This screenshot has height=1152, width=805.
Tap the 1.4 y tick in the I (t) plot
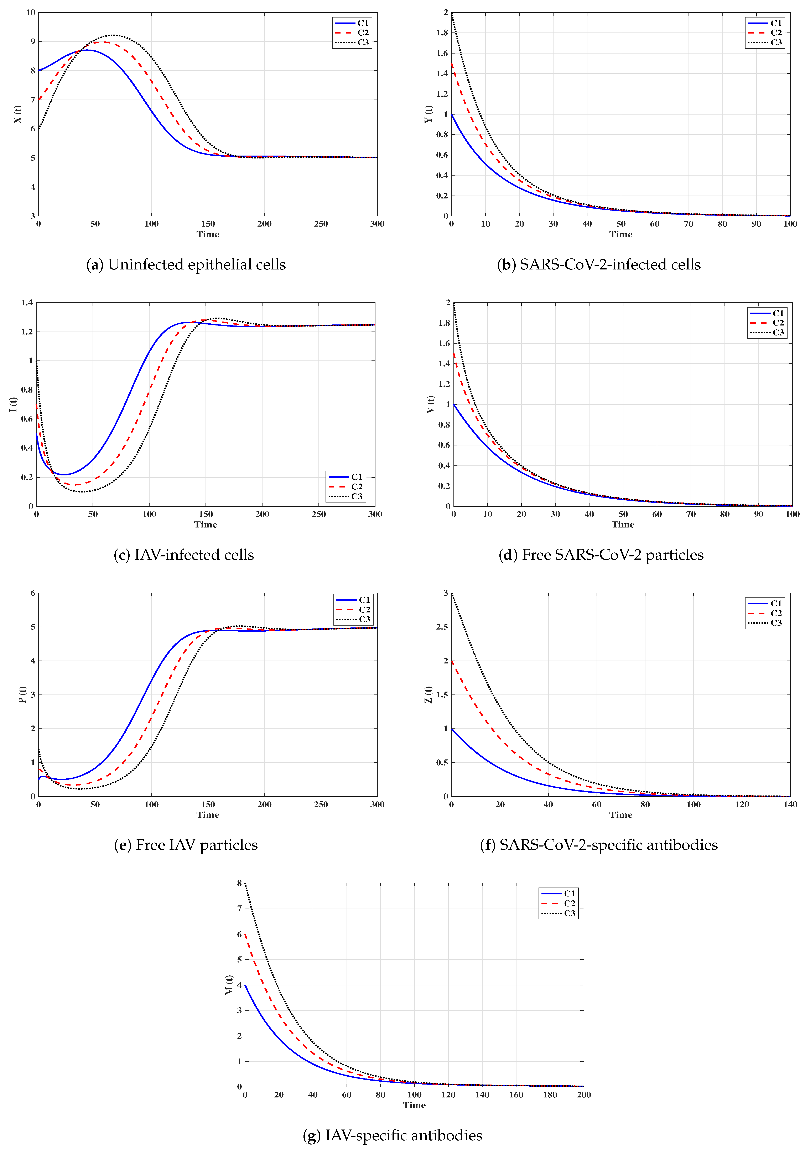(x=27, y=303)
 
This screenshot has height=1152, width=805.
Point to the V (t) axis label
(x=431, y=404)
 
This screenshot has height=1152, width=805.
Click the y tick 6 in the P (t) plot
(x=33, y=593)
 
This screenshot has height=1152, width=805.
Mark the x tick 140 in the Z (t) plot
(x=790, y=804)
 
